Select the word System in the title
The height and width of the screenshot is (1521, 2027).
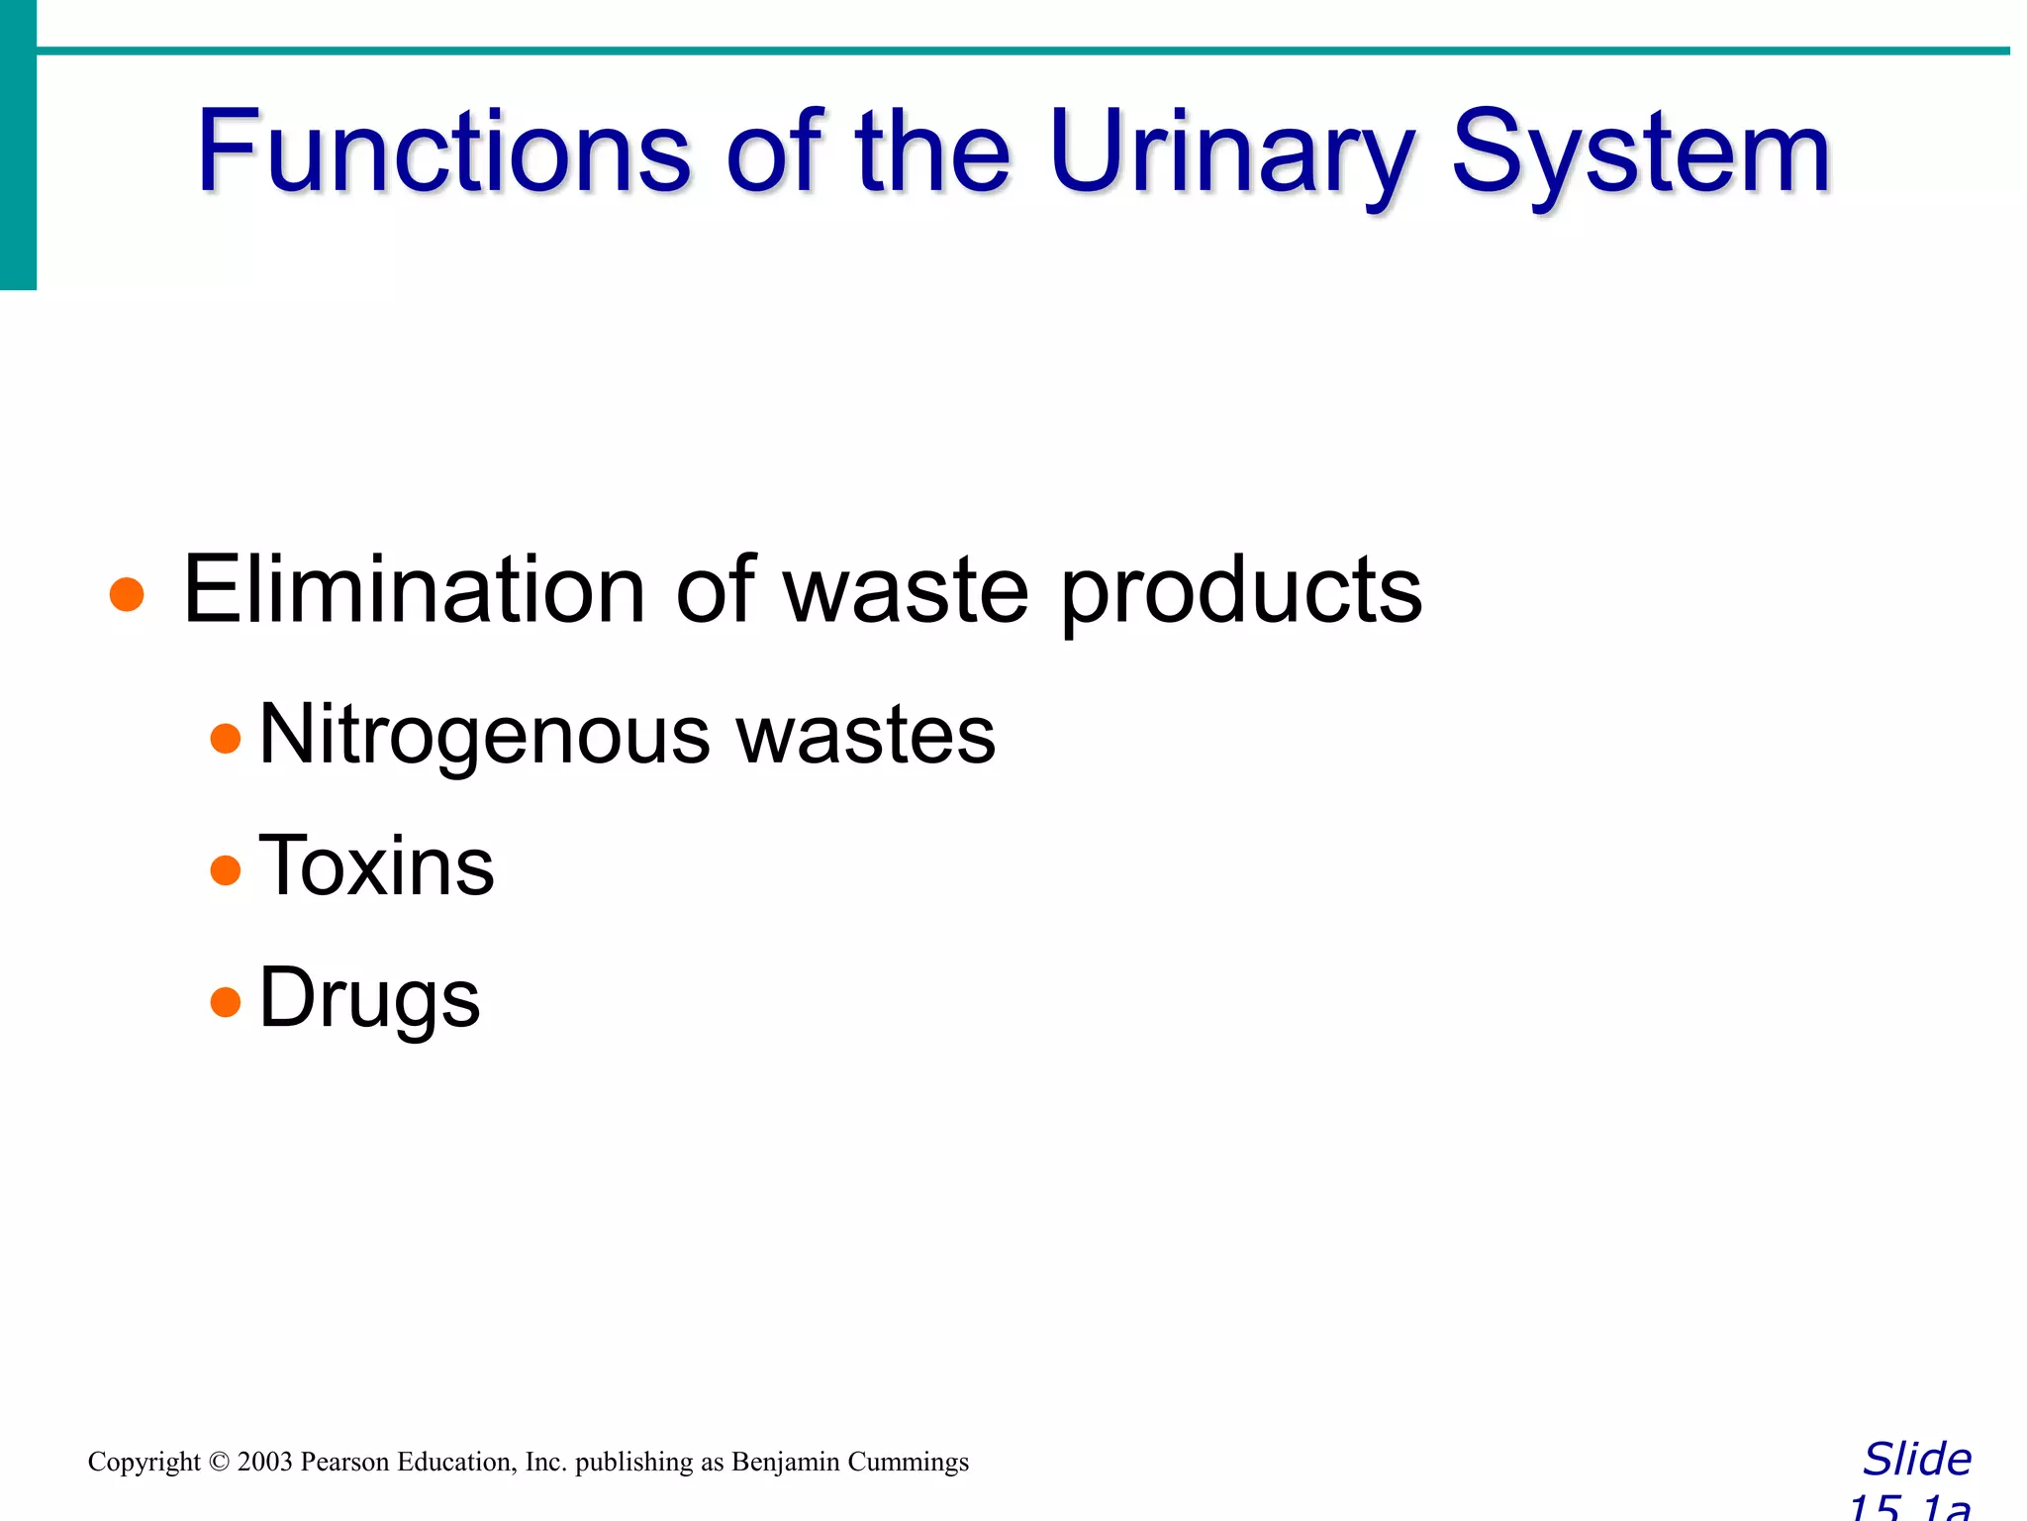point(1640,153)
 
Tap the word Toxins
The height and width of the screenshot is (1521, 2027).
point(376,865)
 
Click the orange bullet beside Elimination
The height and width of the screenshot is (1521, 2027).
point(127,595)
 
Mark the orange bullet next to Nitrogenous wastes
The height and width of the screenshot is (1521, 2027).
point(226,739)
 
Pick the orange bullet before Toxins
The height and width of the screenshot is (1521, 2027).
point(226,870)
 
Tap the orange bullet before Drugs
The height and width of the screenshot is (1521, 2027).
point(226,1002)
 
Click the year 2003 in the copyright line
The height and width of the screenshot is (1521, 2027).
point(264,1463)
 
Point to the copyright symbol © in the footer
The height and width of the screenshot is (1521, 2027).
point(219,1463)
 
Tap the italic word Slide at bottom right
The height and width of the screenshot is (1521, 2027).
point(1917,1460)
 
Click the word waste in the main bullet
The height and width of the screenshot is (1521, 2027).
point(907,592)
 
